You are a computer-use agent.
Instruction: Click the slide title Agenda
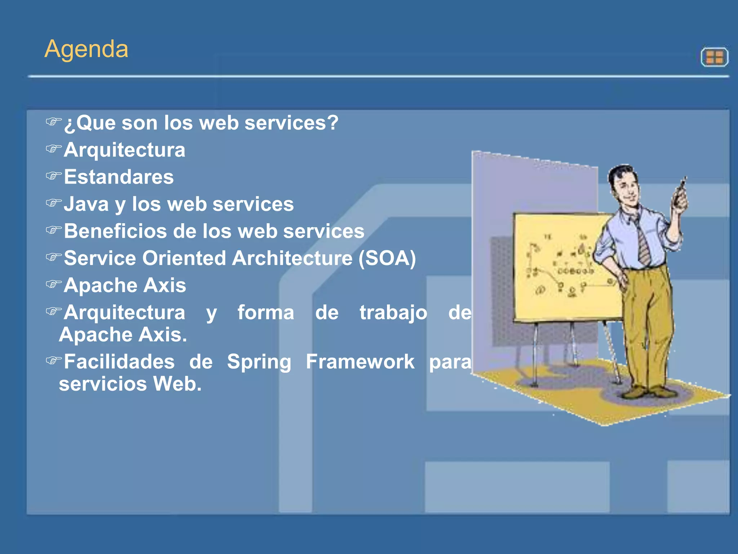point(86,49)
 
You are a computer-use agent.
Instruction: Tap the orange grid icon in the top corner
point(714,57)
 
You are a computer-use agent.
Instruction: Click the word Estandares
point(119,177)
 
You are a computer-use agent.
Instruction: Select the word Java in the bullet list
point(86,204)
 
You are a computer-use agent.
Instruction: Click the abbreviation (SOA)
point(387,258)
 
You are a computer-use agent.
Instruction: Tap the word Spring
point(259,362)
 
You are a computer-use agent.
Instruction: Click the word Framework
point(360,362)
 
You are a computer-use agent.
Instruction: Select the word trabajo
point(393,313)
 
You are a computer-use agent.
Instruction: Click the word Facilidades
point(119,362)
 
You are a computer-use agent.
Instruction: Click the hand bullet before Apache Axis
point(54,284)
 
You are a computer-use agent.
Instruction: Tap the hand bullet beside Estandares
point(54,176)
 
